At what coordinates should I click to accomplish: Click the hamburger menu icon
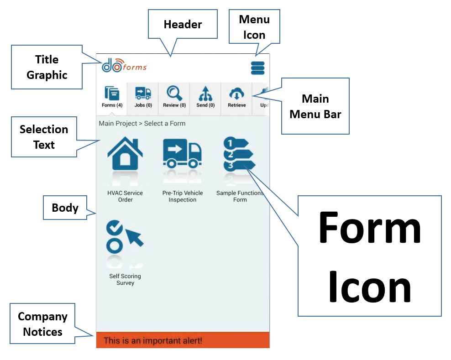[257, 68]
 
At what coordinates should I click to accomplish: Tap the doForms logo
[124, 66]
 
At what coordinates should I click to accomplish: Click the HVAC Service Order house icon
[125, 155]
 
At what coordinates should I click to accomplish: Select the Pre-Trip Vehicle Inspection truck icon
[182, 155]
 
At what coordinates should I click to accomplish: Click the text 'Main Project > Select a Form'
[142, 123]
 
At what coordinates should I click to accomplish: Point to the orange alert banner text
[152, 340]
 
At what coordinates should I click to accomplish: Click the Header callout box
[183, 25]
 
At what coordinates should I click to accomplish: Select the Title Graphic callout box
[47, 67]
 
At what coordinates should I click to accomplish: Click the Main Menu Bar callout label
[315, 106]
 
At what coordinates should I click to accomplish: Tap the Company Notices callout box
[42, 324]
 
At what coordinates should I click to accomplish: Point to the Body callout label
[65, 208]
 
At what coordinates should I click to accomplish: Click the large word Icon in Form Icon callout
[370, 285]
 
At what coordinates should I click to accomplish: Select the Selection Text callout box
[44, 137]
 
